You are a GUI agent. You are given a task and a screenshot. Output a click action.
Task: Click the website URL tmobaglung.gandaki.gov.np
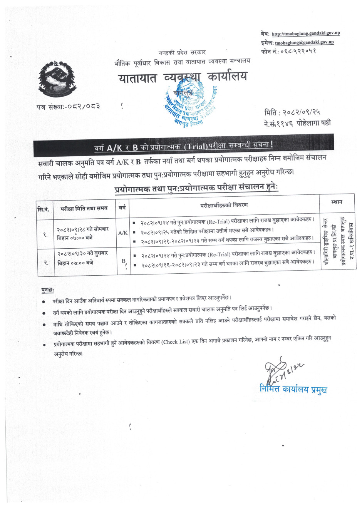click(x=306, y=33)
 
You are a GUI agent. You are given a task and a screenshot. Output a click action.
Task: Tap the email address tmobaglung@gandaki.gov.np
click(x=304, y=42)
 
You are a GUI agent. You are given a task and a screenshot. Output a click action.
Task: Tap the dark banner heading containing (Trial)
click(x=183, y=146)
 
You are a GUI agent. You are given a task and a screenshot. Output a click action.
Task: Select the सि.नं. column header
click(x=44, y=209)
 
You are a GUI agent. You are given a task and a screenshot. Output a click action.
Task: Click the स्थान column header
click(x=337, y=202)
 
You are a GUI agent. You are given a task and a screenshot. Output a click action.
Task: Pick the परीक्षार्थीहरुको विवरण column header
click(x=224, y=205)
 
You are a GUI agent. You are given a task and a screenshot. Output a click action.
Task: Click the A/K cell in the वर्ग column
click(x=123, y=233)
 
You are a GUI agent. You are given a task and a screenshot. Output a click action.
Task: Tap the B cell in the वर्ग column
click(x=124, y=261)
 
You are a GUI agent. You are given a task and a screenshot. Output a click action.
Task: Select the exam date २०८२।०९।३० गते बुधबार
click(x=82, y=253)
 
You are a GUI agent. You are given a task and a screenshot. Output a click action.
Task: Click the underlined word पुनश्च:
click(x=48, y=290)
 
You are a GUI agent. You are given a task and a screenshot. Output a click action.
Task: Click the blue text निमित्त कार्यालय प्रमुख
click(x=293, y=389)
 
